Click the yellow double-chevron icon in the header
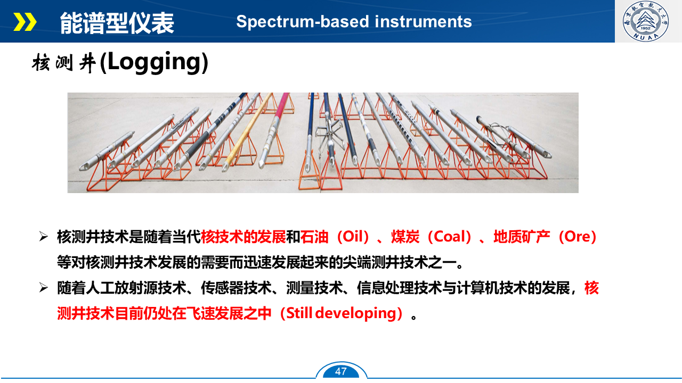point(25,22)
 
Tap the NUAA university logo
point(645,21)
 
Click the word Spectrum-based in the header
point(303,22)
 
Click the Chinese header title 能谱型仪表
point(117,23)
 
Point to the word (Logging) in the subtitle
point(154,62)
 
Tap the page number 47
point(340,371)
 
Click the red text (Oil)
point(353,237)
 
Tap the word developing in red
point(355,313)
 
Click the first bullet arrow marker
point(44,237)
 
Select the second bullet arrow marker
point(44,288)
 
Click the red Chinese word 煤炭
point(405,237)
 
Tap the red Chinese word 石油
point(314,237)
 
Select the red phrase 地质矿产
point(522,237)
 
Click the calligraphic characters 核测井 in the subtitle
point(64,63)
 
